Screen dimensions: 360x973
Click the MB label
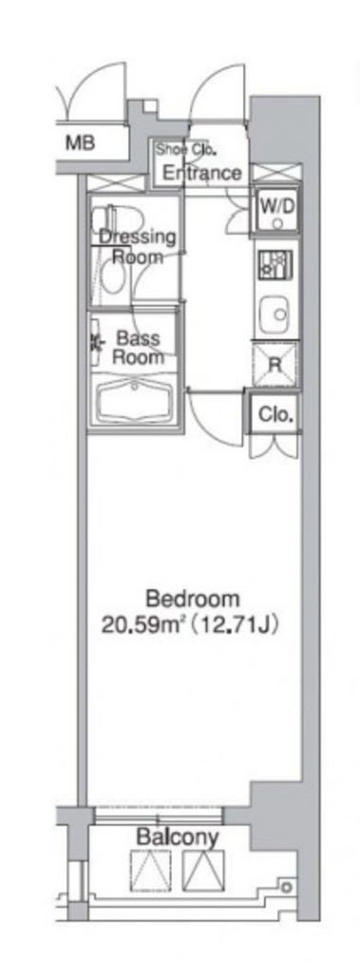(x=81, y=143)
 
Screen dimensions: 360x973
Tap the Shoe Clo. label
(x=185, y=149)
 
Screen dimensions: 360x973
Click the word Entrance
(x=201, y=173)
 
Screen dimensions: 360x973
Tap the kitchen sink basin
(x=275, y=314)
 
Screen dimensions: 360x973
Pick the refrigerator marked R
(x=275, y=364)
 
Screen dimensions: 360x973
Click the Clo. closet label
(x=275, y=414)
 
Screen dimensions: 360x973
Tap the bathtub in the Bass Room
(x=134, y=400)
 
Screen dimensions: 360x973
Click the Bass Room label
(x=139, y=348)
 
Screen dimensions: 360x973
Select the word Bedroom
(x=193, y=599)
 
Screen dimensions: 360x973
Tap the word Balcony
(x=178, y=838)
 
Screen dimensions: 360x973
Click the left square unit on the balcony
(x=151, y=871)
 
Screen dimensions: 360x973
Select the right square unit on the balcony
(x=203, y=871)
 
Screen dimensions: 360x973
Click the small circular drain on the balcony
(x=286, y=887)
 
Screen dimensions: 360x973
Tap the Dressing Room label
(x=138, y=246)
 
